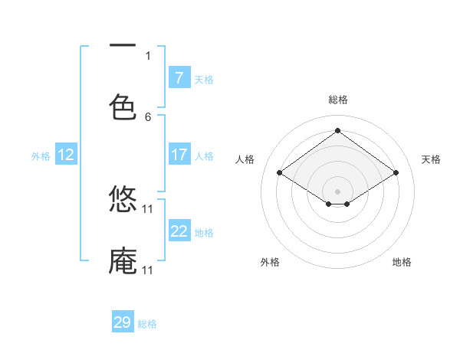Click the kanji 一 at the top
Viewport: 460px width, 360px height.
pyautogui.click(x=123, y=46)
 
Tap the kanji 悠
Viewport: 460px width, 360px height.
pyautogui.click(x=123, y=199)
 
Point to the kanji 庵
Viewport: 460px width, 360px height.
pyautogui.click(x=123, y=260)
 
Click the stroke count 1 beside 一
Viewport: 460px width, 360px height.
pyautogui.click(x=148, y=55)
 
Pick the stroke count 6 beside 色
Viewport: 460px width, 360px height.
pyautogui.click(x=148, y=116)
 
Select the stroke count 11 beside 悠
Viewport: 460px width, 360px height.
pyautogui.click(x=148, y=208)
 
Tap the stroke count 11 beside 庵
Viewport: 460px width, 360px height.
pyautogui.click(x=148, y=270)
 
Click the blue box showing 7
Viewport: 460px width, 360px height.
pyautogui.click(x=179, y=78)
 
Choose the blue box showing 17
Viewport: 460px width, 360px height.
pyautogui.click(x=179, y=155)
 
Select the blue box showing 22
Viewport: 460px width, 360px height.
pyautogui.click(x=179, y=231)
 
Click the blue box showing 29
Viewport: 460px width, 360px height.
pyautogui.click(x=123, y=322)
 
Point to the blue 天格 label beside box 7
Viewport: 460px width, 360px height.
pyautogui.click(x=204, y=80)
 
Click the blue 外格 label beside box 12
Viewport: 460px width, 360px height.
pyautogui.click(x=41, y=156)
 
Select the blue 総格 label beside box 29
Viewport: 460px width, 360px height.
pyautogui.click(x=147, y=324)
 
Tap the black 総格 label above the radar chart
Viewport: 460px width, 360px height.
pyautogui.click(x=338, y=100)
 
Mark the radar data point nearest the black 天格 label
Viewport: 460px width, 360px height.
pyautogui.click(x=396, y=173)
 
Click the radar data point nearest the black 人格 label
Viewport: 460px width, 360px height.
pyautogui.click(x=280, y=173)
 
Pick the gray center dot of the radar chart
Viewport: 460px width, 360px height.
pyautogui.click(x=338, y=191)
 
